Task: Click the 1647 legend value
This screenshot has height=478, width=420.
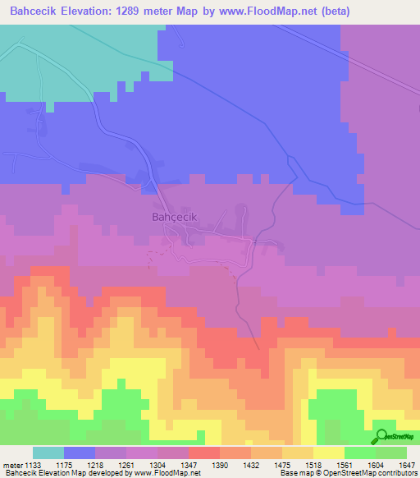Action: [x=407, y=465]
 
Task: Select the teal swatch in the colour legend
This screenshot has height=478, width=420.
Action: [x=48, y=453]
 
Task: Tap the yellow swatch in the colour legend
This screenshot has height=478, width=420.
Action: [x=328, y=453]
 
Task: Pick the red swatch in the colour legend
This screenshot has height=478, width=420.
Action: [x=203, y=453]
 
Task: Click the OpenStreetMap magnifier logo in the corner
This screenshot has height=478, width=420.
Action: [x=381, y=437]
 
